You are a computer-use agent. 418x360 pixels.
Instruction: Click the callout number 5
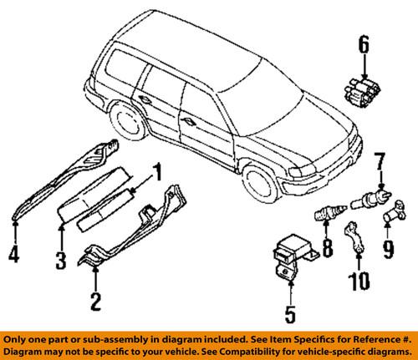290,315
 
